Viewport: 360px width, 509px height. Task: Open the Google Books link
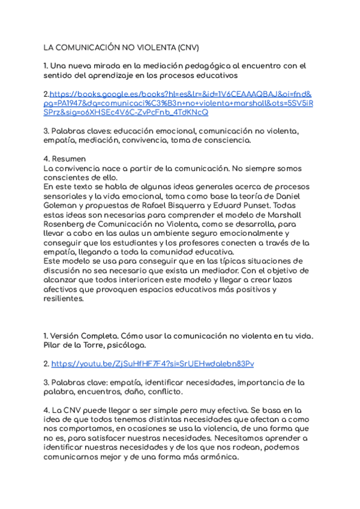click(x=180, y=103)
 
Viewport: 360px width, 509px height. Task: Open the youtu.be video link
click(x=152, y=364)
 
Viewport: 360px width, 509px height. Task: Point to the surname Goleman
click(x=61, y=205)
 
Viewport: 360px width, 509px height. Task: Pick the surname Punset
click(x=256, y=205)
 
